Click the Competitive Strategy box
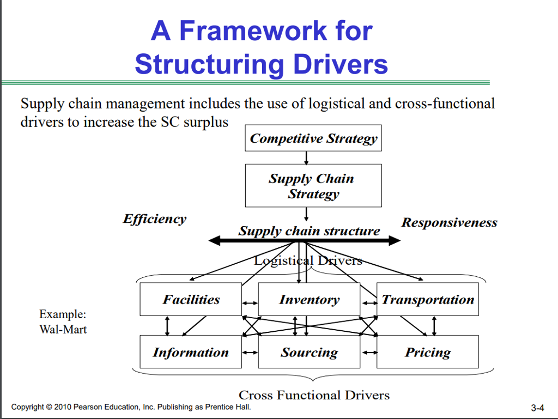[x=313, y=138]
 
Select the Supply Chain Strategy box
[x=313, y=186]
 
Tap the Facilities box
[x=191, y=299]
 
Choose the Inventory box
[x=309, y=299]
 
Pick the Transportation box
[x=428, y=299]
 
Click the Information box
[x=191, y=352]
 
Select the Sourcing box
[x=309, y=352]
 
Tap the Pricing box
[x=428, y=352]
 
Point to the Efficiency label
[x=154, y=219]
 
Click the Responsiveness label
[x=449, y=222]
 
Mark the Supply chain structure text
[x=309, y=231]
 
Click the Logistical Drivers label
[x=308, y=260]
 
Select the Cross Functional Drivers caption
[x=314, y=395]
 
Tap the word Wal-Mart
[x=63, y=329]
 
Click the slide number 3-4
[x=537, y=408]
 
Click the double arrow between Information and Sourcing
[x=250, y=353]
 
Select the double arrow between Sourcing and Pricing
[x=368, y=353]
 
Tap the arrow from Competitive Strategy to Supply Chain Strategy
[x=307, y=158]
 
